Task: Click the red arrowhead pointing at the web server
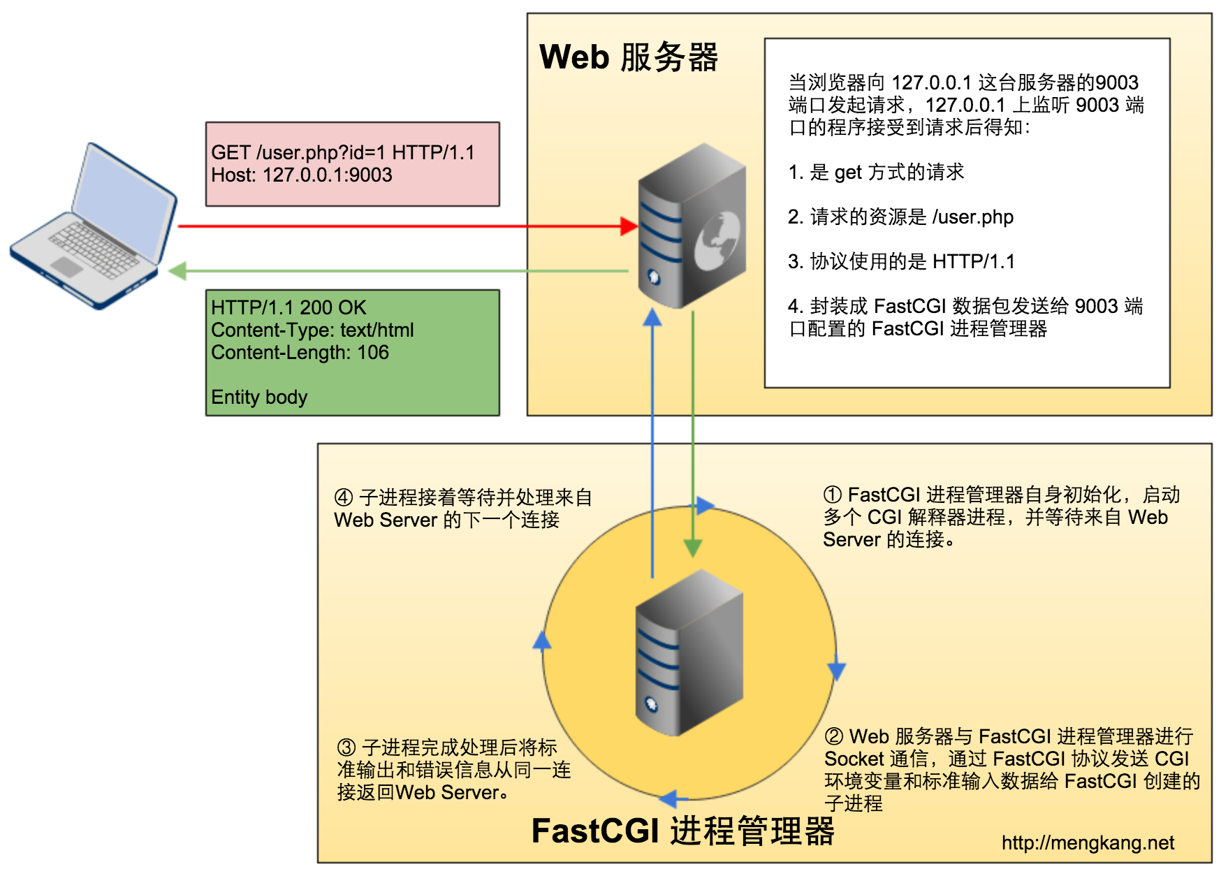(x=629, y=226)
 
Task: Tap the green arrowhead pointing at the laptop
(x=177, y=271)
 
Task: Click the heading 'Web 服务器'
(x=629, y=57)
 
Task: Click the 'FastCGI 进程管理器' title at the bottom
(x=682, y=831)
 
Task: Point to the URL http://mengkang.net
(x=1088, y=843)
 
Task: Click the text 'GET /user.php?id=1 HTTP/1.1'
(x=342, y=152)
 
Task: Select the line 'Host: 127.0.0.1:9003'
(x=302, y=175)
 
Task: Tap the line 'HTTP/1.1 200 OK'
(x=288, y=307)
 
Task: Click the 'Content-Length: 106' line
(x=300, y=352)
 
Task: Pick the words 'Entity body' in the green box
(x=259, y=397)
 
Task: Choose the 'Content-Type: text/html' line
(x=312, y=330)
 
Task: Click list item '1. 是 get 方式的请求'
(x=876, y=172)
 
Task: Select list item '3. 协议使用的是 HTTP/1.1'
(x=901, y=261)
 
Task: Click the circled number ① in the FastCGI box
(x=833, y=495)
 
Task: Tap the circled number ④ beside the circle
(x=344, y=498)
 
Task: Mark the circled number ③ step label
(x=346, y=748)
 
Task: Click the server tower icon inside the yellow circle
(x=689, y=653)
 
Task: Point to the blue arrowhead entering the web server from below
(x=652, y=318)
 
